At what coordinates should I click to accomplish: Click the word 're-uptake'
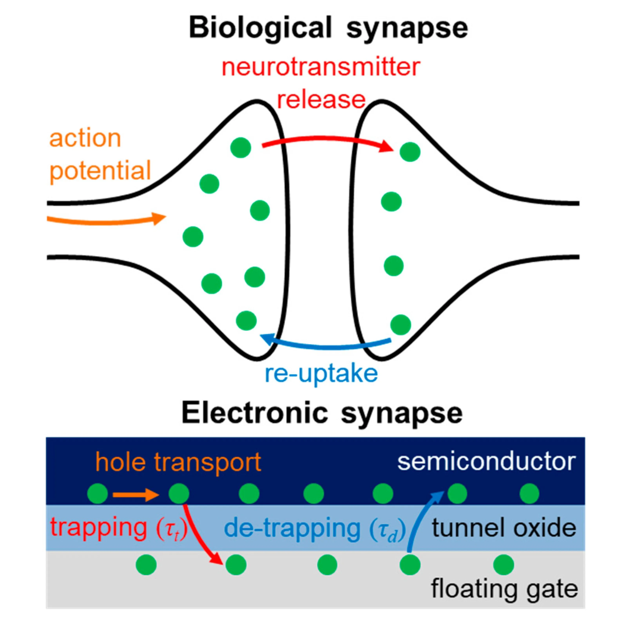[x=321, y=374]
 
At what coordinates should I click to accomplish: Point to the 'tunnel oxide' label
[x=504, y=528]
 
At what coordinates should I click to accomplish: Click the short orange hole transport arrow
[x=135, y=495]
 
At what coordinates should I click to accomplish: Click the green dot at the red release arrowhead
[x=410, y=152]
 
